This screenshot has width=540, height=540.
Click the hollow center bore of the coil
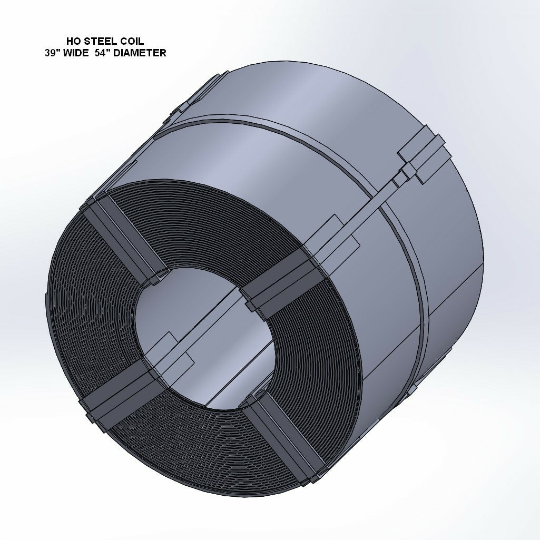pos(205,337)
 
